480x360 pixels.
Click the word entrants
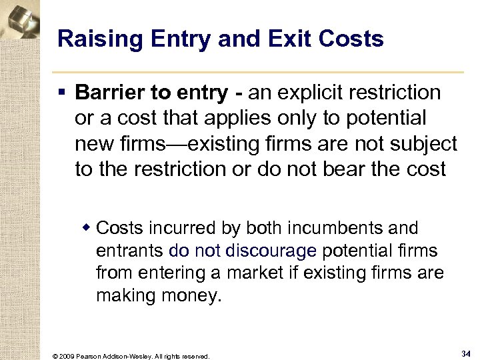pos(130,251)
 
